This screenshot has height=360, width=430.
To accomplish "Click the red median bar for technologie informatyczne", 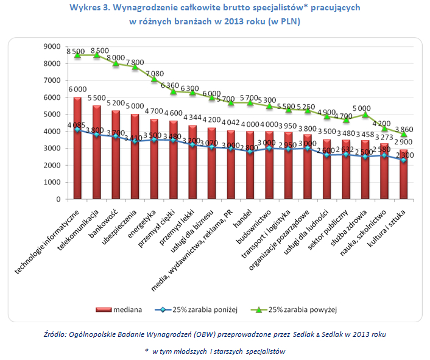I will coord(77,149).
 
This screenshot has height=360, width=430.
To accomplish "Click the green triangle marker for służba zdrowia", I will coord(365,114).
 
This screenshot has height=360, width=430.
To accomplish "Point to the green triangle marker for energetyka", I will coord(154,79).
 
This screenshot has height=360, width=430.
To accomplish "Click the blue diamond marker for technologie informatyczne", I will coord(77,129).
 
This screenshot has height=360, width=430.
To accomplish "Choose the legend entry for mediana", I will coord(119,309).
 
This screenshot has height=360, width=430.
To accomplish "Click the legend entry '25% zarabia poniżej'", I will coord(195,309).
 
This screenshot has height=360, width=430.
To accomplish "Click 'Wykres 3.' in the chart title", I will coord(91,9).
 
